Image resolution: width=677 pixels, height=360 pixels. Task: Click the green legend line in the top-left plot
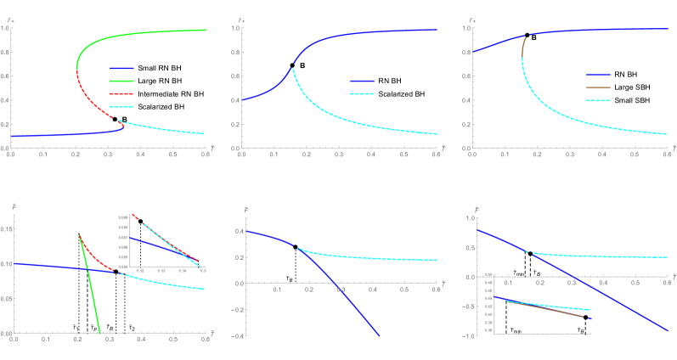tap(121, 81)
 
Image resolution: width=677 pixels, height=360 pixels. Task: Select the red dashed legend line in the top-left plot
tap(121, 94)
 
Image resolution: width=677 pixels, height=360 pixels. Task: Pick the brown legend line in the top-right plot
tap(598, 87)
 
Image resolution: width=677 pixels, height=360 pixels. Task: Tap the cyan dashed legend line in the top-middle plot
tap(362, 93)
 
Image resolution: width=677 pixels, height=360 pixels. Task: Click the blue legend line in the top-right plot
tap(598, 75)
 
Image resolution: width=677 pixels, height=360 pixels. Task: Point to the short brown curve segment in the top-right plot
tap(523, 47)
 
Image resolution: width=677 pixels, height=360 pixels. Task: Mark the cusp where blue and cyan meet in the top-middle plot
tap(292, 68)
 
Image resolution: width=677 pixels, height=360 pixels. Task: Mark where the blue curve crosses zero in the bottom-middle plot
tap(336, 283)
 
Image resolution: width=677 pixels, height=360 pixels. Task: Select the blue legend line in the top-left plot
tap(121, 68)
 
